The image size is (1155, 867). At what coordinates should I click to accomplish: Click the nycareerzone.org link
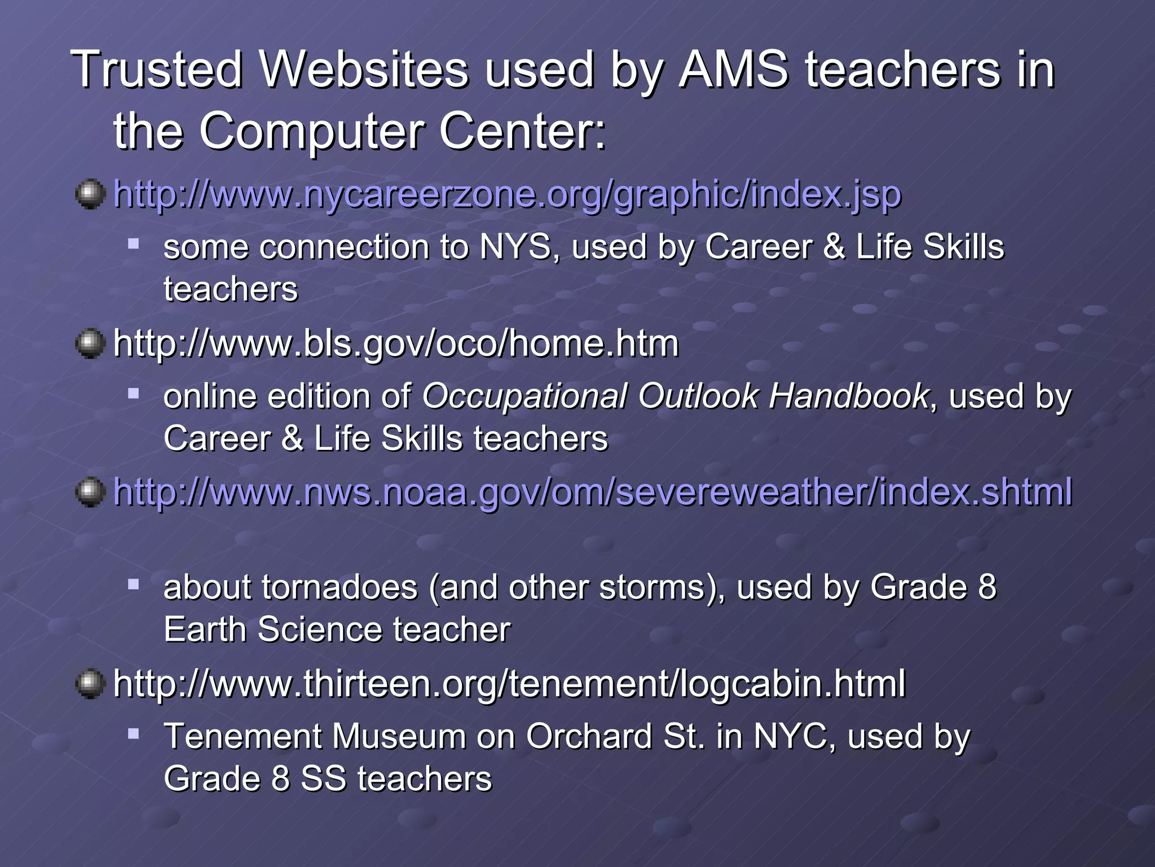tap(507, 194)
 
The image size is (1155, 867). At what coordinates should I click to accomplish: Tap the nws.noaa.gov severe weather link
tap(592, 492)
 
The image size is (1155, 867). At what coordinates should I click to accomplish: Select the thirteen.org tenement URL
tap(509, 684)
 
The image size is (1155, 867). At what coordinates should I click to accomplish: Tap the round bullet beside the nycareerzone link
tap(90, 194)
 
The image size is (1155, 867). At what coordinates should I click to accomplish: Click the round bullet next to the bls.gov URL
tap(90, 343)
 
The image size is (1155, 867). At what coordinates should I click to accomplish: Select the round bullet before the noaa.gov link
tap(90, 492)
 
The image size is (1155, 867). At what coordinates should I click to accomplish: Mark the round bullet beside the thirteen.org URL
tap(90, 684)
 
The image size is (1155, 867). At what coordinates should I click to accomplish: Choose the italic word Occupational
tap(524, 397)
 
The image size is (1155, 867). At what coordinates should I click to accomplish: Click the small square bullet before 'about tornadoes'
tap(133, 584)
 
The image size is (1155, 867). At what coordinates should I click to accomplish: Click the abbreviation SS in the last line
tap(323, 779)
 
